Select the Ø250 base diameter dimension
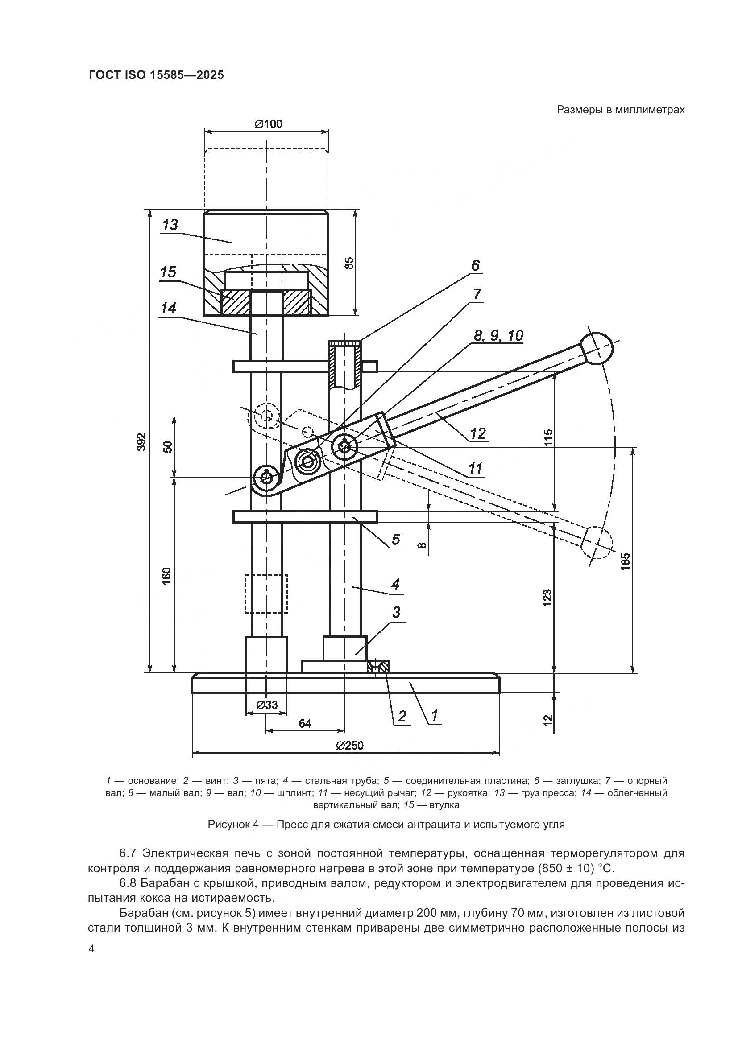(x=349, y=746)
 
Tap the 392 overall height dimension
(x=142, y=441)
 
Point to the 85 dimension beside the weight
(x=348, y=263)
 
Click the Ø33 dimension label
(x=267, y=705)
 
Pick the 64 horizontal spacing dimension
(x=305, y=724)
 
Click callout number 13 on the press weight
(x=170, y=225)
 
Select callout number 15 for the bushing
(x=168, y=272)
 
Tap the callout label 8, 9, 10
(x=498, y=336)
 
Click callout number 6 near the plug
(x=475, y=265)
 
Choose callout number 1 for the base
(x=434, y=715)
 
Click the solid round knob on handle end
(x=597, y=348)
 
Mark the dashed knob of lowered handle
(x=597, y=542)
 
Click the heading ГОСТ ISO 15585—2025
(x=156, y=75)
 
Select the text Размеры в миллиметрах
(x=620, y=110)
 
